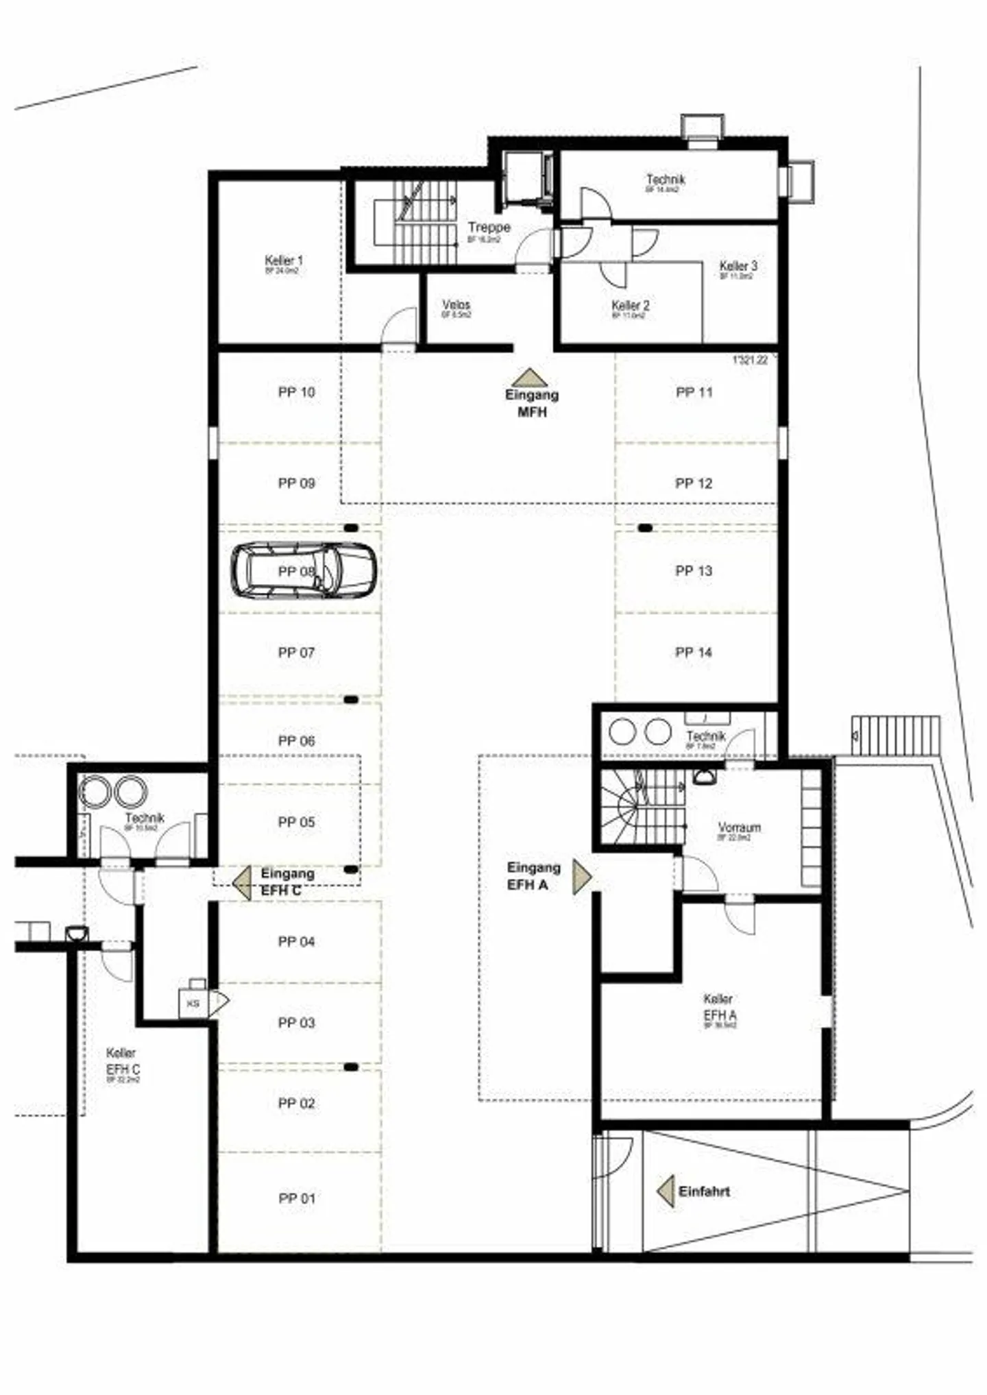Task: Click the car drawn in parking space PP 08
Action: click(303, 570)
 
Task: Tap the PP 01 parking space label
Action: click(297, 1198)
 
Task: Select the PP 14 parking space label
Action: click(694, 652)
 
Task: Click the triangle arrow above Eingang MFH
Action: click(529, 378)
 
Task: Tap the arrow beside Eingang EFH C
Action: click(242, 882)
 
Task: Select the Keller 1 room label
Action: click(283, 261)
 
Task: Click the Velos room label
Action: click(456, 305)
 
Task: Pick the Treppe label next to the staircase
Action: click(489, 227)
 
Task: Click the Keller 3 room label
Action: click(738, 266)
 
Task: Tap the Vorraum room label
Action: click(739, 827)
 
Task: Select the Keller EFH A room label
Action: click(719, 1008)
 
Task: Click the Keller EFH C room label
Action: click(123, 1061)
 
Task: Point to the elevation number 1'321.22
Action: click(750, 360)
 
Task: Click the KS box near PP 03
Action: click(193, 1004)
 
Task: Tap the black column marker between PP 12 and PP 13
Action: click(644, 528)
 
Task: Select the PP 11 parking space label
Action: click(694, 392)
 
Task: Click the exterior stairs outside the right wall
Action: click(895, 736)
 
